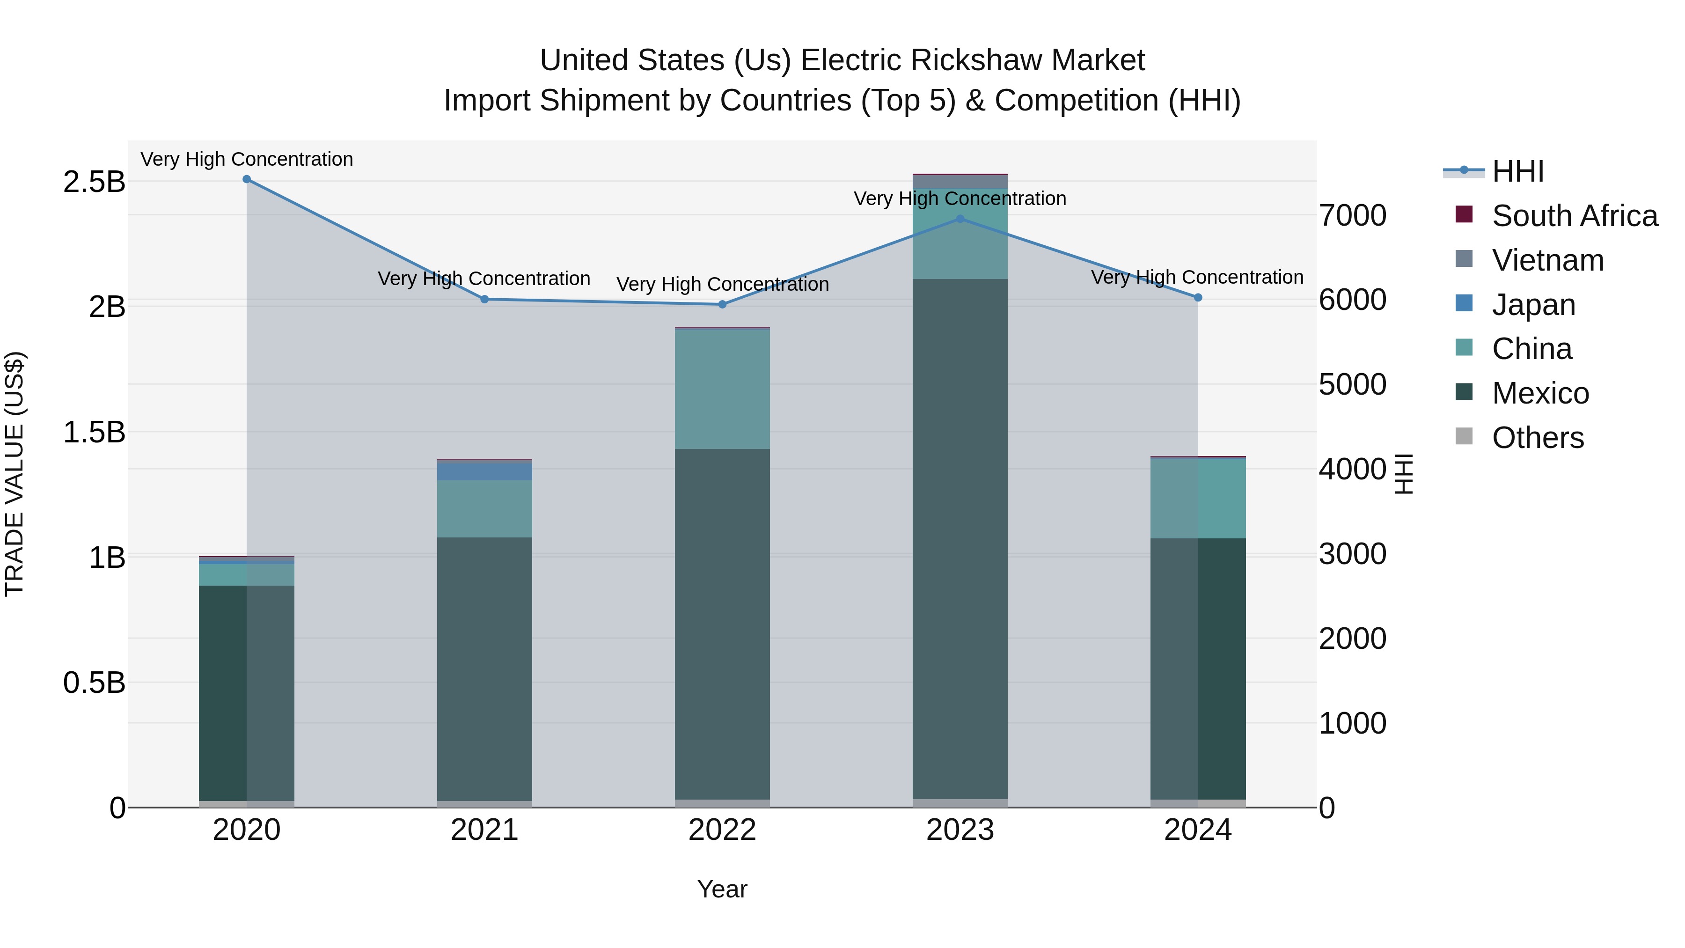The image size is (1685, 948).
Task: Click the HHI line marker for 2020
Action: pos(247,179)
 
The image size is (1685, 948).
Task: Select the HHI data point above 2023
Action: pos(960,219)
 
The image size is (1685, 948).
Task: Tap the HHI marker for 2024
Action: pos(1198,298)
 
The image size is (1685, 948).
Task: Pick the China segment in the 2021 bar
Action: pos(484,509)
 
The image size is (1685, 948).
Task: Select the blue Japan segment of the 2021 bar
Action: pos(484,471)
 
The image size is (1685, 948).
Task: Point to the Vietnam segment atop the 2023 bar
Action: pos(960,182)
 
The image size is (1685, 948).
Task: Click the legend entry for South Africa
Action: pos(1575,216)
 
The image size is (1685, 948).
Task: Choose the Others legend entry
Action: pos(1538,438)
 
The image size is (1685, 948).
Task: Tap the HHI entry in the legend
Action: pos(1517,171)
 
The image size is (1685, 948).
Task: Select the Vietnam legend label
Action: pos(1548,260)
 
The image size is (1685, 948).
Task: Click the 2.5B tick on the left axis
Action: pos(94,182)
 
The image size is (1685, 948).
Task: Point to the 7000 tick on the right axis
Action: pos(1352,216)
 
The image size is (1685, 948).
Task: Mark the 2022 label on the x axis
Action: pos(722,830)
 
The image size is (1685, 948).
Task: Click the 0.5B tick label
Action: pos(94,683)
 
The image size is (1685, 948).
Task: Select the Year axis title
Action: pos(722,889)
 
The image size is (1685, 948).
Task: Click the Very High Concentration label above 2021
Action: pos(484,279)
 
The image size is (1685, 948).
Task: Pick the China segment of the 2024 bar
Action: pos(1198,499)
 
